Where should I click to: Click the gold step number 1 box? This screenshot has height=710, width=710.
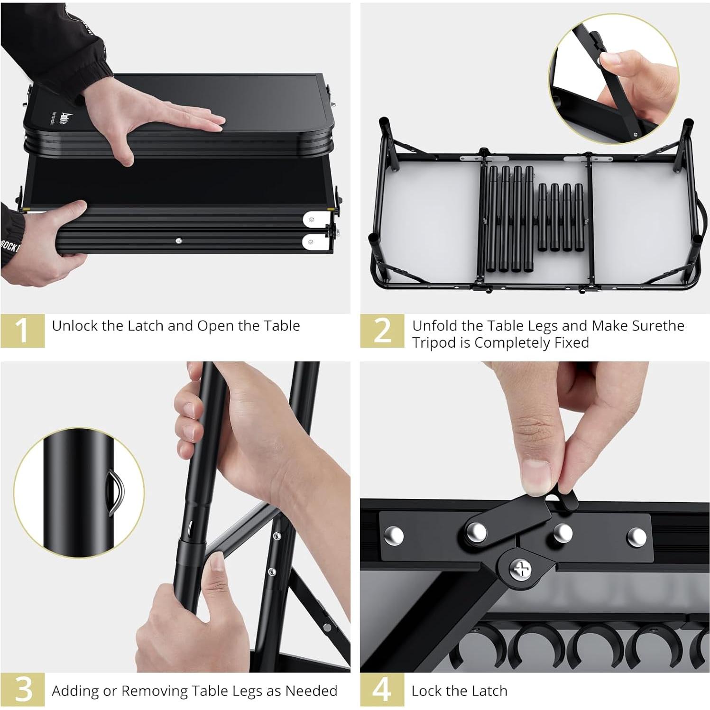click(x=22, y=331)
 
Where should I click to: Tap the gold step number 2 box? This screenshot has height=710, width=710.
click(x=382, y=331)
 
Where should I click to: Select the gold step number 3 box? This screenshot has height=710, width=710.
click(x=22, y=691)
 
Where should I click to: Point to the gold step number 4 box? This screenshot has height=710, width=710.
click(x=382, y=691)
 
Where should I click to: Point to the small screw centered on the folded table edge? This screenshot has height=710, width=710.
click(x=178, y=241)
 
